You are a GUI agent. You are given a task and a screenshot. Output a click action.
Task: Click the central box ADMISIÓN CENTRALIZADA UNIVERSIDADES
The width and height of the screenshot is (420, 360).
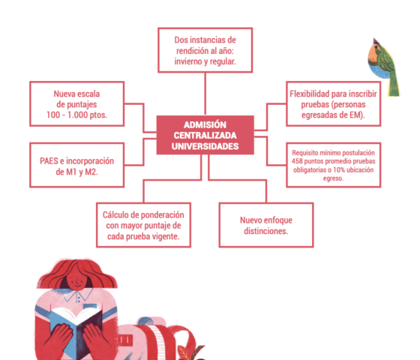(x=205, y=135)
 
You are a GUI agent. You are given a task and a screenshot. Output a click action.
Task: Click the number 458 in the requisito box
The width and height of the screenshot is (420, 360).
(x=297, y=161)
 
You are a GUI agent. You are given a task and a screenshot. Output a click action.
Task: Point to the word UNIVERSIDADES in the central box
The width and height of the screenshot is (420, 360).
(x=205, y=146)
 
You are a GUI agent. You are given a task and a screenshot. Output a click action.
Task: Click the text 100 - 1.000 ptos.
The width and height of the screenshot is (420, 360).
(x=76, y=115)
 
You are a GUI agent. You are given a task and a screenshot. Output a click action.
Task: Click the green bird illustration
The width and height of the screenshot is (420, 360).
(x=383, y=67)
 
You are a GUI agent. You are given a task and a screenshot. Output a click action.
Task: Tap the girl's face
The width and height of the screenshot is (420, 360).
(x=76, y=281)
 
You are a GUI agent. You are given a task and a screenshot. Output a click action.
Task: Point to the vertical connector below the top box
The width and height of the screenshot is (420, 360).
(x=205, y=94)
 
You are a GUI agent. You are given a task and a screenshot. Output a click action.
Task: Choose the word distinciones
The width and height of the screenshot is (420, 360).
(x=266, y=231)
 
